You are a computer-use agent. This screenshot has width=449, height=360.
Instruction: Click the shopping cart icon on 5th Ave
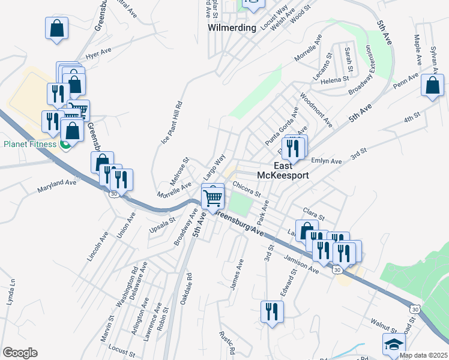(x=213, y=196)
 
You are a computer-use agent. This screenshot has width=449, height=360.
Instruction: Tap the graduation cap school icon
(x=393, y=344)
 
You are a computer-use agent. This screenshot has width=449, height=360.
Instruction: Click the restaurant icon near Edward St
(x=272, y=311)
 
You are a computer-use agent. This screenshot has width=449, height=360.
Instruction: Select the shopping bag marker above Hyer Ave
(x=56, y=28)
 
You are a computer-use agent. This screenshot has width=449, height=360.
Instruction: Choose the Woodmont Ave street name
(x=316, y=109)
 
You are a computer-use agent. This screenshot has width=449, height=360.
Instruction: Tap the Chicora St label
(x=247, y=189)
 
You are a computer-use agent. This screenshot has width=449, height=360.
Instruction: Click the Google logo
(x=20, y=353)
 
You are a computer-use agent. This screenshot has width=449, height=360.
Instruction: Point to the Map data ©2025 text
(x=423, y=355)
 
